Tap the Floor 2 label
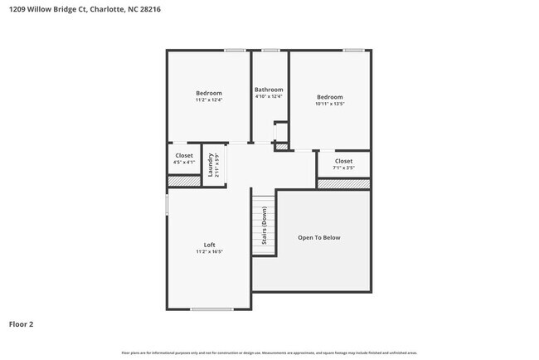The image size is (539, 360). [22, 324]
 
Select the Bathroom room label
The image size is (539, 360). [269, 90]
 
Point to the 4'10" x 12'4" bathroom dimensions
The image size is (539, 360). [269, 97]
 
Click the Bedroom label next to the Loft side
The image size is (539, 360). [209, 93]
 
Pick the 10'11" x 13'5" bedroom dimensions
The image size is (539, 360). [329, 104]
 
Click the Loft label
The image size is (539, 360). [210, 245]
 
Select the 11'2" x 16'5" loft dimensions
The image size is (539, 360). [210, 252]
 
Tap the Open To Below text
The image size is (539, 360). [319, 238]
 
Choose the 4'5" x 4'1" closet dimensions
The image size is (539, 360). [184, 163]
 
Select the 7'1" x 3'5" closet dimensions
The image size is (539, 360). [343, 168]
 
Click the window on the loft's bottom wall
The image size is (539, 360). [212, 309]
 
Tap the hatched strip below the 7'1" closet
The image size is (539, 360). [343, 183]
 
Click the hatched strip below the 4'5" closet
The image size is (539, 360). [184, 180]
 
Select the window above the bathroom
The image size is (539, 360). [270, 51]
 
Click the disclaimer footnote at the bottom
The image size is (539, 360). [269, 353]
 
